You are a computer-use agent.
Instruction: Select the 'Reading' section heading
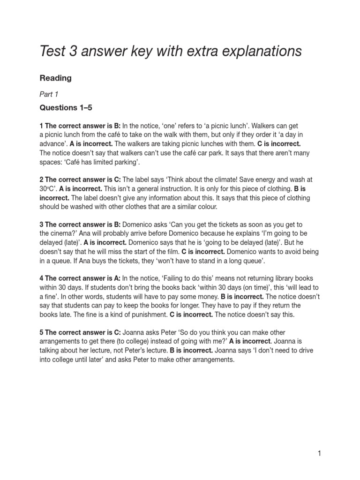(x=55, y=78)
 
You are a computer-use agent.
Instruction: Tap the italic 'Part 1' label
(x=49, y=94)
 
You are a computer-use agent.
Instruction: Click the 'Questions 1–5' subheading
(x=66, y=108)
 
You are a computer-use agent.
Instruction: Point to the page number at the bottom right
(x=319, y=453)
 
